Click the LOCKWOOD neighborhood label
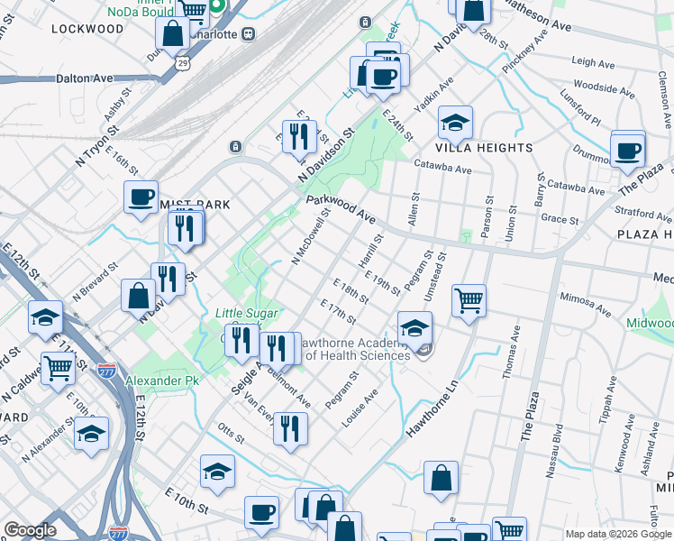tap(87, 29)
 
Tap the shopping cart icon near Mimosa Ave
tap(469, 300)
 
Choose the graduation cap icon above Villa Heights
tap(455, 123)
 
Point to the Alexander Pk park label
tap(161, 381)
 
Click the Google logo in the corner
tap(30, 530)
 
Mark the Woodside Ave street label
tap(604, 88)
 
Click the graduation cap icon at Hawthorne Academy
tap(414, 327)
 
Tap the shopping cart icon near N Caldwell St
tap(58, 367)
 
